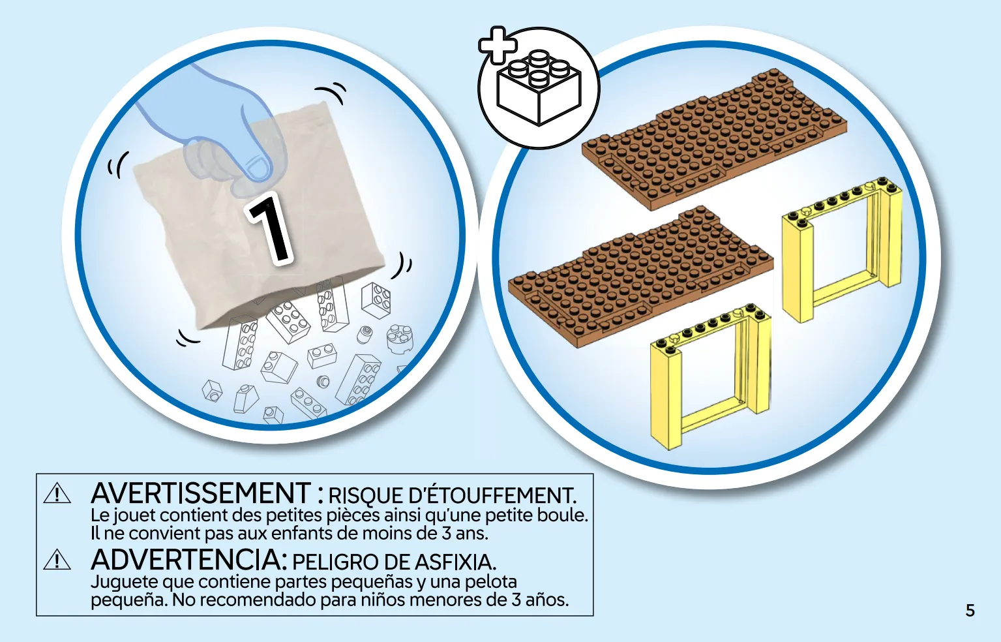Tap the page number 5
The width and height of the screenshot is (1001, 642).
[x=970, y=611]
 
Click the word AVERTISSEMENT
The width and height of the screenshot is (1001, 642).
[x=201, y=493]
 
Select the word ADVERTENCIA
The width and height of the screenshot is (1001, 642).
[x=188, y=560]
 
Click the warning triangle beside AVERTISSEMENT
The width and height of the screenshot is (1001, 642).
[x=57, y=494]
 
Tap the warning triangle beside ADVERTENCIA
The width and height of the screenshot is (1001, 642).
[x=57, y=560]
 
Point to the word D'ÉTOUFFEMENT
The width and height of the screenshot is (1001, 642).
[x=493, y=495]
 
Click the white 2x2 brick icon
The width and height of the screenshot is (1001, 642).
[x=539, y=87]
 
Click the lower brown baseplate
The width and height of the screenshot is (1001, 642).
[x=641, y=277]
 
